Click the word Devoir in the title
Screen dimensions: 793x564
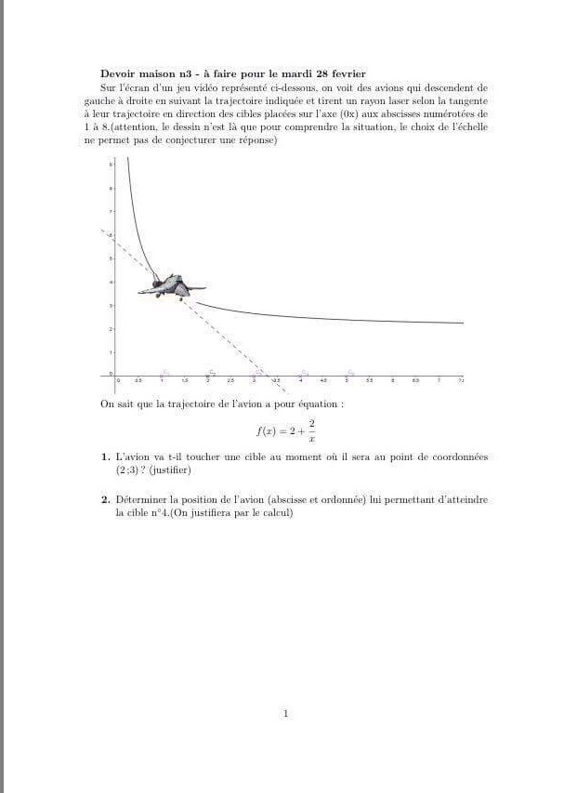pos(118,73)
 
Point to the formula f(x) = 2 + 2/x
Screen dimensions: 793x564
pos(286,430)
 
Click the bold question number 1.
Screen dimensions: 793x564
pos(104,457)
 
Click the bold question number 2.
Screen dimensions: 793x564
pos(104,500)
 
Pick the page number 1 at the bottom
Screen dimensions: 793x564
pos(285,714)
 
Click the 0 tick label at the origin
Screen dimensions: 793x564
pos(117,381)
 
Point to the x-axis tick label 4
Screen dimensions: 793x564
pos(300,381)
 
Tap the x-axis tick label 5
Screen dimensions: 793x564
pos(347,381)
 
